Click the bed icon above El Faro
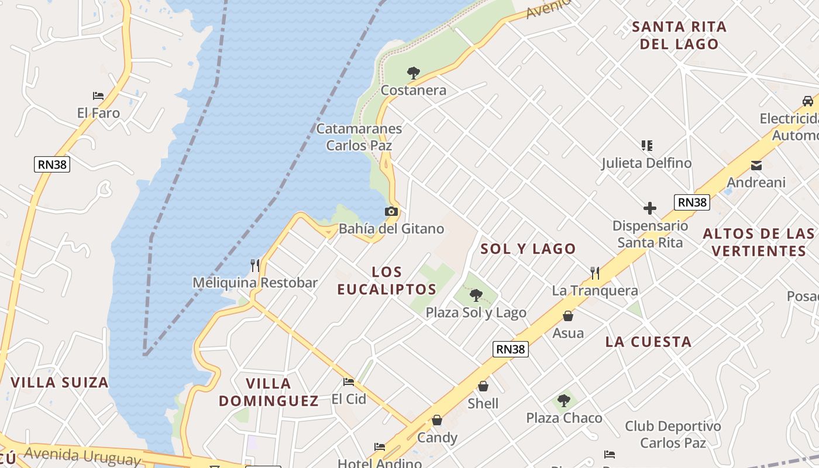pos(98,96)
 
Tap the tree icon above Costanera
pos(414,73)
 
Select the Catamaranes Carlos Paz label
pos(359,137)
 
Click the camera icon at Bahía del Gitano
pos(391,212)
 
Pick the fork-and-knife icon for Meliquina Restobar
pos(255,266)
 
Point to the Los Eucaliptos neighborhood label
pos(387,280)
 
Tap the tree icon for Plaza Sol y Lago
pos(476,295)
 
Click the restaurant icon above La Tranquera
pos(595,273)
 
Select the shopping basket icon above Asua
pos(567,316)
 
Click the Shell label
pos(483,404)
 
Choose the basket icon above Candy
pos(437,421)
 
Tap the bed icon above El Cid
pos(349,382)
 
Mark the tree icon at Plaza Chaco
pos(564,401)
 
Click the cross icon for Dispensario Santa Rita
pos(649,208)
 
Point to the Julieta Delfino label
pos(646,163)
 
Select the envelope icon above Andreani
pos(756,166)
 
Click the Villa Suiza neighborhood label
pos(60,383)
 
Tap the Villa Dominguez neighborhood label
pos(269,392)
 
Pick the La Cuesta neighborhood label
pos(648,342)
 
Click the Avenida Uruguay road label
pos(82,455)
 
